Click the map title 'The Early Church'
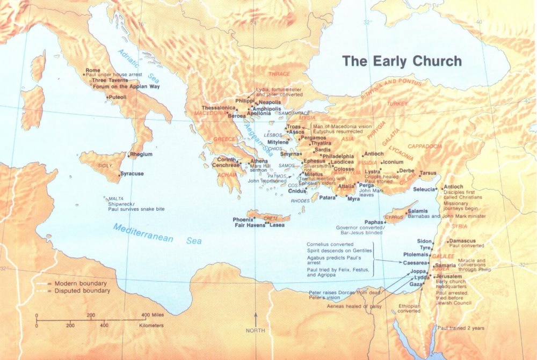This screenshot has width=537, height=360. [x=402, y=61]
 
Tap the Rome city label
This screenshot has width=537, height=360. [x=93, y=70]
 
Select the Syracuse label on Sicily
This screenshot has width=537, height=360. [x=132, y=174]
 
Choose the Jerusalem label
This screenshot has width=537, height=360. [x=449, y=276]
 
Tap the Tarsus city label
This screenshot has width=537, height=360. [x=428, y=173]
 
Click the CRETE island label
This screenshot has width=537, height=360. [x=271, y=218]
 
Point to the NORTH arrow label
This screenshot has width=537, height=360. [x=256, y=330]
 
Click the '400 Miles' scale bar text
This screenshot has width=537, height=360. [x=153, y=315]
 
